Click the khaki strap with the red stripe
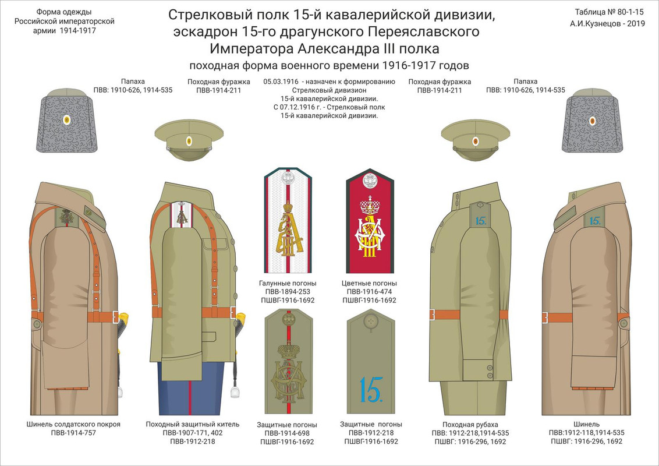click(286, 361)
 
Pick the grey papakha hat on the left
click(67, 119)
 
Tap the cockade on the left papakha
click(67, 121)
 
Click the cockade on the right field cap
click(476, 140)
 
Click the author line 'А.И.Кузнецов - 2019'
click(605, 24)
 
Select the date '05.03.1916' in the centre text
click(281, 82)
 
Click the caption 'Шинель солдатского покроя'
click(73, 424)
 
